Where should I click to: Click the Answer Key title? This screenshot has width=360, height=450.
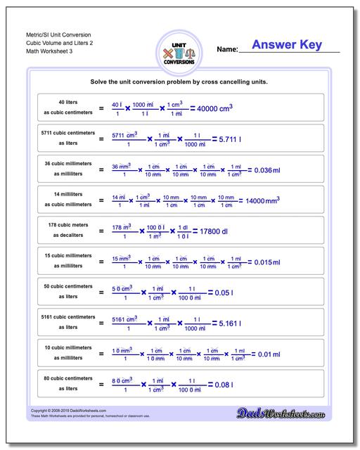click(287, 45)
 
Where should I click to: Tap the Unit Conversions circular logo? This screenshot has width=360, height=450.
click(179, 53)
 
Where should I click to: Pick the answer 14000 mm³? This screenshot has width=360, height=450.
click(259, 200)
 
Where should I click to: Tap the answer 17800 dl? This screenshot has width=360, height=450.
click(210, 231)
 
